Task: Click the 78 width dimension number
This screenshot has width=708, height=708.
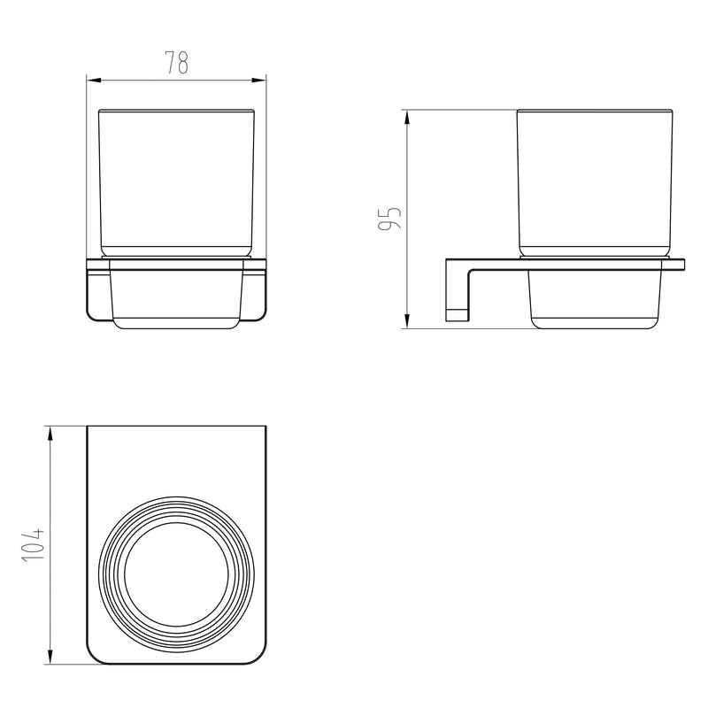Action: click(176, 62)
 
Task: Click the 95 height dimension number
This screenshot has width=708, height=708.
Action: click(389, 218)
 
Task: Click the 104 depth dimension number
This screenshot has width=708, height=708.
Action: click(33, 544)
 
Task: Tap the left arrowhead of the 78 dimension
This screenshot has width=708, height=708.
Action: click(94, 81)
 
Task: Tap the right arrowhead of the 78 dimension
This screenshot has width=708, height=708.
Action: click(258, 81)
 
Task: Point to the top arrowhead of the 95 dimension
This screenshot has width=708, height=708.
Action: click(407, 118)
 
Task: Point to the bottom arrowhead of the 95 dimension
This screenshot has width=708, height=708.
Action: click(407, 321)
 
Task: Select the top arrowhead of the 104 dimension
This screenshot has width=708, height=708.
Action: click(50, 434)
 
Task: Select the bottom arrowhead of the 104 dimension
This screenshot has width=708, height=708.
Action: click(50, 657)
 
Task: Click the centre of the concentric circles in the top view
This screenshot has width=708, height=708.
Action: click(176, 574)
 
